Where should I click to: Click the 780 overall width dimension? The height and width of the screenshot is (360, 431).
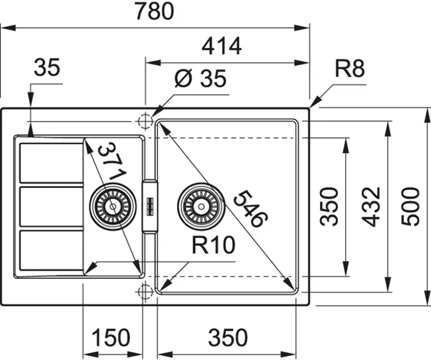155,11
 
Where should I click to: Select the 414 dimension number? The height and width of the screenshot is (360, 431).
222,46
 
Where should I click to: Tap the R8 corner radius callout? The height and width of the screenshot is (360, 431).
349,68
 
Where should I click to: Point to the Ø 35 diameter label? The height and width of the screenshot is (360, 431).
201,78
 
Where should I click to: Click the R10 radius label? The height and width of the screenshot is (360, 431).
213,245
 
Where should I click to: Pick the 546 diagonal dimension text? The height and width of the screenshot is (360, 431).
251,209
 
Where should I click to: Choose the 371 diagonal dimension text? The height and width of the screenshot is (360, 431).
112,162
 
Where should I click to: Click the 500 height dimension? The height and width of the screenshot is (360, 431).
410,206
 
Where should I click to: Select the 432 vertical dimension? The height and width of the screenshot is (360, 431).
371,207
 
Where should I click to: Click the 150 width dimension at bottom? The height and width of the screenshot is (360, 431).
111,337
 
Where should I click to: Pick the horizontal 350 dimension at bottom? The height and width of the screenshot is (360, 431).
228,337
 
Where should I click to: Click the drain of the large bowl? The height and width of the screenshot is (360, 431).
201,206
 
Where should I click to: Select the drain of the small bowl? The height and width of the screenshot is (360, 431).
113,206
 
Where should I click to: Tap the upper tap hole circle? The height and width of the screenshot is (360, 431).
145,121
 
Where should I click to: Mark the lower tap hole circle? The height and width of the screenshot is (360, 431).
145,292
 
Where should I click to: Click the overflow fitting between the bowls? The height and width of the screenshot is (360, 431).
150,206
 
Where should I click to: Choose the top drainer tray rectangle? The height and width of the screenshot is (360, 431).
52,163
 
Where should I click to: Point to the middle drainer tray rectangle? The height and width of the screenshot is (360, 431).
52,206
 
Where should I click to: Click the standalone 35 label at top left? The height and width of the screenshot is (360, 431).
47,67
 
